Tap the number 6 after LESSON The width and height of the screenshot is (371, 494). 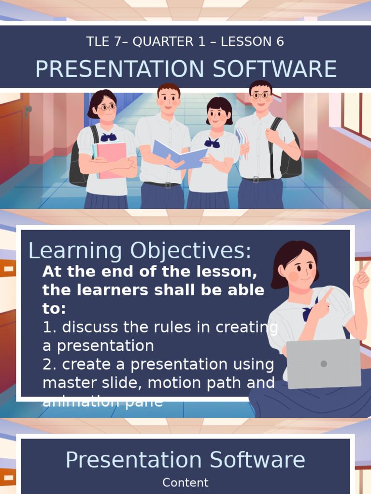click(x=280, y=42)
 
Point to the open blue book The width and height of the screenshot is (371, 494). click(x=180, y=154)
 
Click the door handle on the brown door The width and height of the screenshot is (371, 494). click(x=28, y=110)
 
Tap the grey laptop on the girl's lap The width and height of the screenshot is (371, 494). click(x=324, y=363)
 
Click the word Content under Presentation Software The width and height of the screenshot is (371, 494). click(x=185, y=482)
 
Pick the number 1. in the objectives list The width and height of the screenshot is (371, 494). click(x=50, y=327)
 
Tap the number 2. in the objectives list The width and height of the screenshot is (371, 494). click(x=50, y=364)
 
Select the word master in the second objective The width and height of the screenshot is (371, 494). click(x=67, y=383)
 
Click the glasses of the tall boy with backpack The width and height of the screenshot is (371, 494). click(x=261, y=95)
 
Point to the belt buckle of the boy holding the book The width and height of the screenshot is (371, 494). click(x=168, y=184)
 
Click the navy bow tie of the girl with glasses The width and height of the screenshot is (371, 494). click(x=109, y=137)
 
